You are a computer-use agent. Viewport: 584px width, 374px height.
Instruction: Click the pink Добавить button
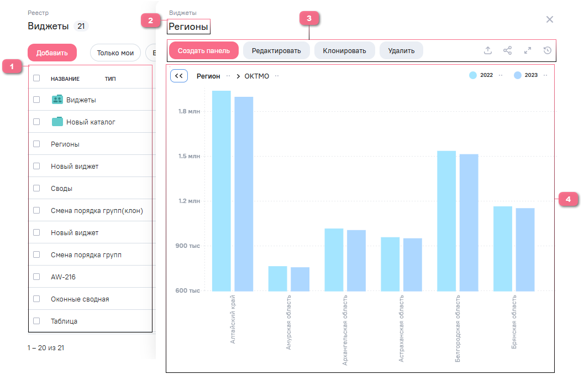(52, 53)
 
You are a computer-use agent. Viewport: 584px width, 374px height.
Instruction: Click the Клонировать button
(345, 51)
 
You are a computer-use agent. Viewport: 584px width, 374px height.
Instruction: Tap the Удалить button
(401, 51)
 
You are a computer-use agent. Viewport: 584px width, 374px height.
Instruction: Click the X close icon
(549, 19)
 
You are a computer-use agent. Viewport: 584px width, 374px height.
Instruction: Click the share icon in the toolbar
(508, 50)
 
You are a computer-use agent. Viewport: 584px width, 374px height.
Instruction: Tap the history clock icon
(548, 50)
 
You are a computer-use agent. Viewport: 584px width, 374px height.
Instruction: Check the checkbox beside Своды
(36, 188)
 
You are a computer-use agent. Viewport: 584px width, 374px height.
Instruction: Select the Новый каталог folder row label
(91, 122)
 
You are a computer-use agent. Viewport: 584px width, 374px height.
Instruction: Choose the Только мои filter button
(115, 53)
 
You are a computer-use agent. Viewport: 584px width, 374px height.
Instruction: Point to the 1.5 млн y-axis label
(189, 156)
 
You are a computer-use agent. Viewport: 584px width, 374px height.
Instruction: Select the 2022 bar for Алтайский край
(222, 191)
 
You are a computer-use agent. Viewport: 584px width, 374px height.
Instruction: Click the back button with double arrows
(179, 76)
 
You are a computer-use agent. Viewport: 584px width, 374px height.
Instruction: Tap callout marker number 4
(568, 199)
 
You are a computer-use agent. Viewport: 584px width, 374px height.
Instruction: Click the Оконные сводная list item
(80, 299)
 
